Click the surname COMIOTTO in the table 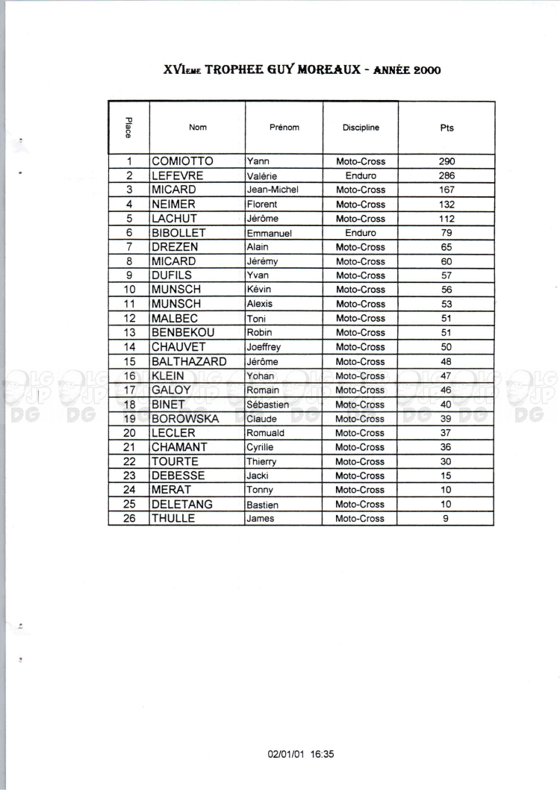coord(182,161)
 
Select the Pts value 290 coord(447,161)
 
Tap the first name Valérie coord(261,176)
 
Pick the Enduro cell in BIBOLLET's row coord(361,233)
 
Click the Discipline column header coord(361,128)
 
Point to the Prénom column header coord(284,128)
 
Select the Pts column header coord(447,128)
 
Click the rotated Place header coord(128,128)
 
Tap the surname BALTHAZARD coord(189,361)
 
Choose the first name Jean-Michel coord(272,190)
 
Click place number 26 coord(129,519)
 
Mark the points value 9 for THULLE coord(446,519)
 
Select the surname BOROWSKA coord(185,419)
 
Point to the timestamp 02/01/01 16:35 coord(301,754)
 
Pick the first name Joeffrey coord(264,347)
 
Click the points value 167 coord(447,190)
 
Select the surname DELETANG coord(182,505)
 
